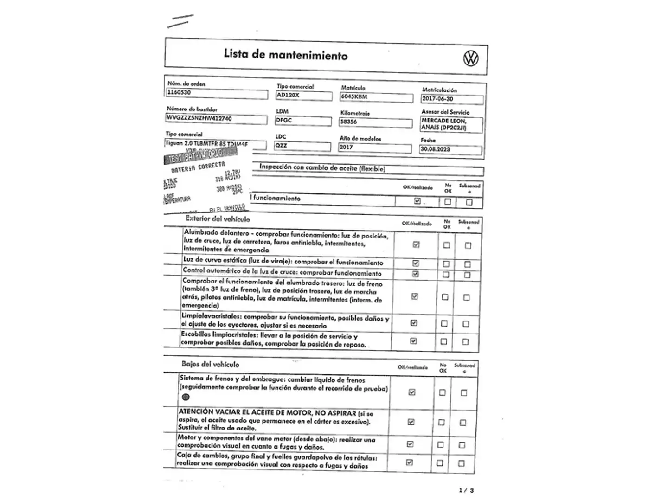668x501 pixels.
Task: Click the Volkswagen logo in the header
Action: [x=471, y=58]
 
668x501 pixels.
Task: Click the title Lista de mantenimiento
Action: [x=285, y=55]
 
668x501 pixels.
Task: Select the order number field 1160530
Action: [x=217, y=93]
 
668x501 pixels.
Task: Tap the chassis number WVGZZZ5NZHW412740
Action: [x=216, y=119]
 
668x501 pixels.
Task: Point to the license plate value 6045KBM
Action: [x=376, y=97]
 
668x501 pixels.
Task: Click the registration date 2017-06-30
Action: [x=452, y=99]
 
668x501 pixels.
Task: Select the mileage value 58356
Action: [x=376, y=122]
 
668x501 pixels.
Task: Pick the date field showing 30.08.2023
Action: [x=450, y=149]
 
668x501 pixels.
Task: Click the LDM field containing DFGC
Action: [x=303, y=121]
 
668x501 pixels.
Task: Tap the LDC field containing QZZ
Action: [x=302, y=146]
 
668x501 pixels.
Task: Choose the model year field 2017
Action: [x=375, y=148]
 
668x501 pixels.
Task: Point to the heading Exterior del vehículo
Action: [x=218, y=219]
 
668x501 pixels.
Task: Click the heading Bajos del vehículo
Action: [x=210, y=364]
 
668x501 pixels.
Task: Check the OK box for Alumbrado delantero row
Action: [x=416, y=244]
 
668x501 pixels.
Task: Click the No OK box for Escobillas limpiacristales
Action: [x=444, y=341]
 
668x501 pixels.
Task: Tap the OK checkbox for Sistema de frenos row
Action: [x=412, y=392]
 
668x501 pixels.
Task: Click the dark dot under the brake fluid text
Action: [x=186, y=397]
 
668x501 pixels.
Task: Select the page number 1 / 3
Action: [x=466, y=490]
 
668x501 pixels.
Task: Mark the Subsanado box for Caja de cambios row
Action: [x=461, y=463]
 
